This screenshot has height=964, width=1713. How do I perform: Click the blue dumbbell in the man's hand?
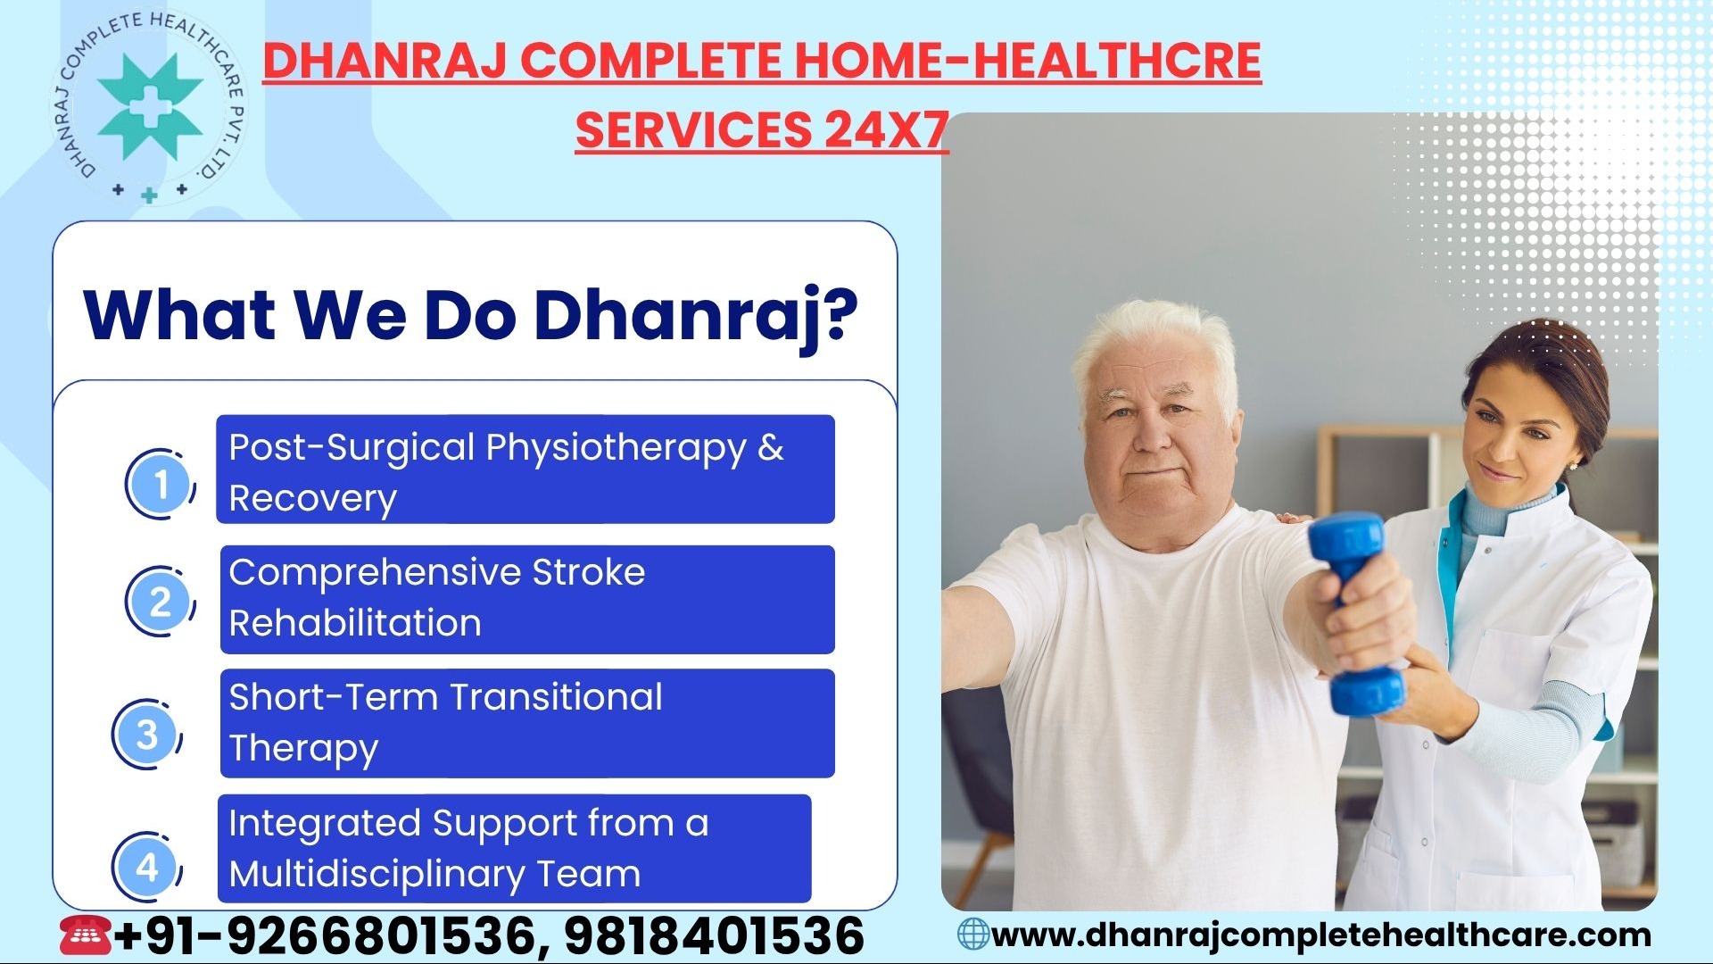pyautogui.click(x=1353, y=614)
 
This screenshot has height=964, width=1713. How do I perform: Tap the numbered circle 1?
pyautogui.click(x=161, y=484)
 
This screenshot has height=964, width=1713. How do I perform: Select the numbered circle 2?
pyautogui.click(x=161, y=601)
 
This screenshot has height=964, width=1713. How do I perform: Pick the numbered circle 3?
pyautogui.click(x=147, y=735)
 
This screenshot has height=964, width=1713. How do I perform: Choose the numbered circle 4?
pyautogui.click(x=147, y=866)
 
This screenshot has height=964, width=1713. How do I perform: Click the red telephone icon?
pyautogui.click(x=86, y=935)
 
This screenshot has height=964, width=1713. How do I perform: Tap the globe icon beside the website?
pyautogui.click(x=973, y=935)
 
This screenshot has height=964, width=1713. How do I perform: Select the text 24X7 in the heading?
pyautogui.click(x=886, y=129)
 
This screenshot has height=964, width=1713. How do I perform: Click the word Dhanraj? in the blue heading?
pyautogui.click(x=695, y=316)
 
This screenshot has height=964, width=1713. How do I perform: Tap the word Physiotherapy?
pyautogui.click(x=616, y=449)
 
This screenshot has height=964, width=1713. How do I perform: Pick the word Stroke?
pyautogui.click(x=589, y=572)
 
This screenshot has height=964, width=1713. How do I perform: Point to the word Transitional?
pyautogui.click(x=557, y=697)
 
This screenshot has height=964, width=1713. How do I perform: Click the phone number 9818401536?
pyautogui.click(x=714, y=935)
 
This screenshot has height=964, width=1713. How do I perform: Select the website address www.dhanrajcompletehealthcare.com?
pyautogui.click(x=1321, y=935)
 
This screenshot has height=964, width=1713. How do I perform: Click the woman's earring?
pyautogui.click(x=1572, y=465)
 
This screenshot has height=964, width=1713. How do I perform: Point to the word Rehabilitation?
pyautogui.click(x=355, y=623)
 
